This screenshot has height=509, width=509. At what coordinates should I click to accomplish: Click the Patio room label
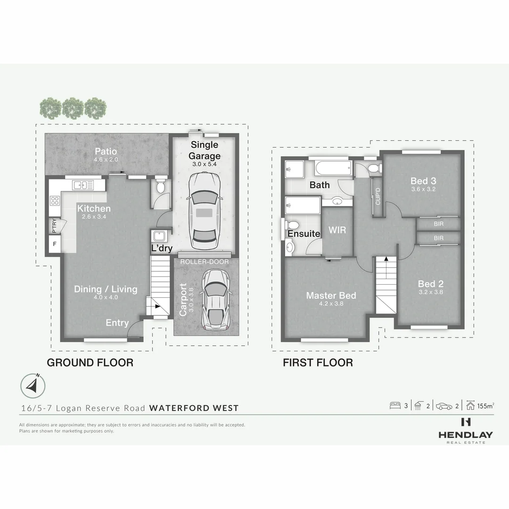click(106, 151)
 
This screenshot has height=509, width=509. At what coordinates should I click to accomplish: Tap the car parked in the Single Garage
click(204, 212)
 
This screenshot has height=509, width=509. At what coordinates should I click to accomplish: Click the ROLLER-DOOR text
click(205, 262)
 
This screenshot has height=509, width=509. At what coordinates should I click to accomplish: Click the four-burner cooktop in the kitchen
click(55, 201)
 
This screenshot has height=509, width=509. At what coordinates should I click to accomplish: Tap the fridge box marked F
click(55, 244)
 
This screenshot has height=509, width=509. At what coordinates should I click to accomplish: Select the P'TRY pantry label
click(54, 226)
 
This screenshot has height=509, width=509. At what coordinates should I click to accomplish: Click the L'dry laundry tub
click(159, 236)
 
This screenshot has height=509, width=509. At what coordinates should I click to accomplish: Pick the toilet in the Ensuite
click(293, 225)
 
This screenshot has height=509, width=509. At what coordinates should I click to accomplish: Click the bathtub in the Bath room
click(333, 168)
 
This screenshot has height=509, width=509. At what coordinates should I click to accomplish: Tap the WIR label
click(337, 230)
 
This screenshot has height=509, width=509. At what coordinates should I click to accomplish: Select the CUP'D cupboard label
click(378, 196)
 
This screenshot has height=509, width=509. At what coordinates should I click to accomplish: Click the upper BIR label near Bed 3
click(439, 224)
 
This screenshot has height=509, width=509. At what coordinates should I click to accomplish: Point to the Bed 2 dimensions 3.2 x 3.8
click(430, 292)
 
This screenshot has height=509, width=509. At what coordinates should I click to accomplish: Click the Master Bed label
click(331, 296)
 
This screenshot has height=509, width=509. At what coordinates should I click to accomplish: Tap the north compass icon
click(33, 386)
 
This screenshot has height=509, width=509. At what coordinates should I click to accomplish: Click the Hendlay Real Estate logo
click(466, 430)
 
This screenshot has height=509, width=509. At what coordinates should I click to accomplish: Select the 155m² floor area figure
click(485, 406)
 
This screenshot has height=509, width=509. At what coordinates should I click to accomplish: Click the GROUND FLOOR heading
click(90, 362)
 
